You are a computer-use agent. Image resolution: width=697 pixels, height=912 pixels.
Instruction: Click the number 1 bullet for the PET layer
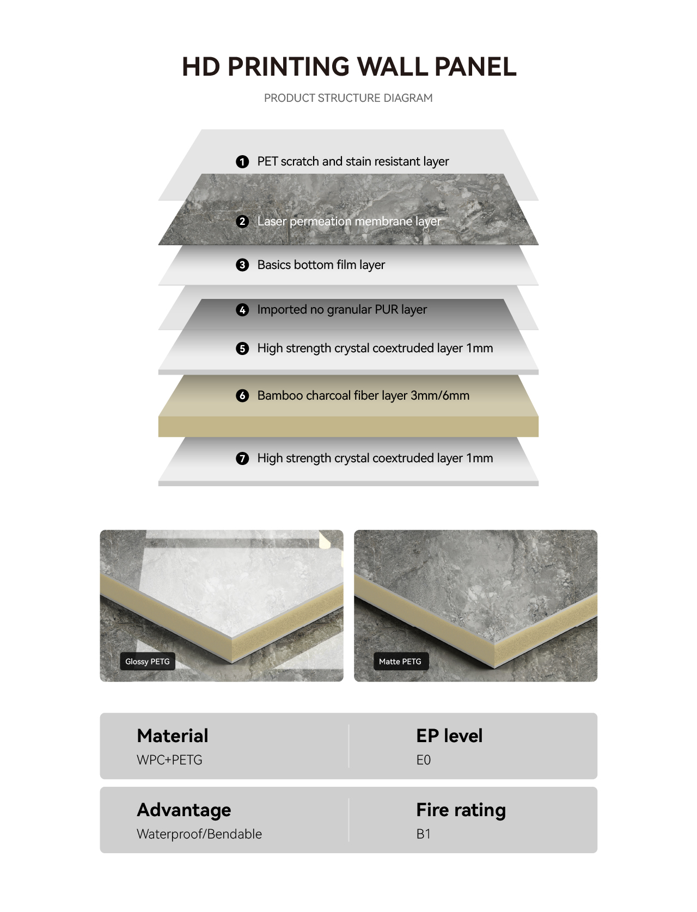[x=242, y=162]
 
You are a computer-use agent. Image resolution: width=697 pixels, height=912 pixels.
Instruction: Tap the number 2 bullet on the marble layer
[x=242, y=222]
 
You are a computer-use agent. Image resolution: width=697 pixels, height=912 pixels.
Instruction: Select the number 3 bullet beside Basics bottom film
[x=242, y=265]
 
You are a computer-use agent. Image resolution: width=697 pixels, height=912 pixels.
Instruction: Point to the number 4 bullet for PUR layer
[x=242, y=310]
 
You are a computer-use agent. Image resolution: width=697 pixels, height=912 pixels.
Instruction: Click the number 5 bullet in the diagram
[x=242, y=348]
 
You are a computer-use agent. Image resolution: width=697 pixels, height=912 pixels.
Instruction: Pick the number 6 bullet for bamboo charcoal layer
[x=242, y=395]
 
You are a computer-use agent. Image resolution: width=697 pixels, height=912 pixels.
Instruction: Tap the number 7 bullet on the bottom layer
[x=242, y=458]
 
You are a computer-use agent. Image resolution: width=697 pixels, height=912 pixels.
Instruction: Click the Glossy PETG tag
[x=148, y=662]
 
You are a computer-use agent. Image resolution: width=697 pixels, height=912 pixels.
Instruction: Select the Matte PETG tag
[x=400, y=662]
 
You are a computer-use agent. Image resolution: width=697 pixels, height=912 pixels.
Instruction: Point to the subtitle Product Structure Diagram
[x=348, y=98]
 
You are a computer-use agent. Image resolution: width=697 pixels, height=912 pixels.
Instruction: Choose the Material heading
[x=173, y=736]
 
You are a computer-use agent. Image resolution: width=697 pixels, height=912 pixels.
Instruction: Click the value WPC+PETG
[x=169, y=760]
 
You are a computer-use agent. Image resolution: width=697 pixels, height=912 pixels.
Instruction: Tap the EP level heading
[x=449, y=736]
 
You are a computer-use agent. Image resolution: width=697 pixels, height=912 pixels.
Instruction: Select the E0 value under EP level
[x=423, y=760]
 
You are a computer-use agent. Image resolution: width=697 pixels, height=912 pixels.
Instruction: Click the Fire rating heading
[x=461, y=811]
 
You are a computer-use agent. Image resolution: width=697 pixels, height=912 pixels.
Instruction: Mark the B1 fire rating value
[x=423, y=834]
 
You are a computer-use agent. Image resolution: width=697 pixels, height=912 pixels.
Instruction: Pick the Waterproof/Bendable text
[x=199, y=834]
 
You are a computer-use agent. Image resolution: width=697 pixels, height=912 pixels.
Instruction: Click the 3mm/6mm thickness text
[x=440, y=395]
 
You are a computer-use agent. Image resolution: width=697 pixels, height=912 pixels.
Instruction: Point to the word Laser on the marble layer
[x=272, y=221]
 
